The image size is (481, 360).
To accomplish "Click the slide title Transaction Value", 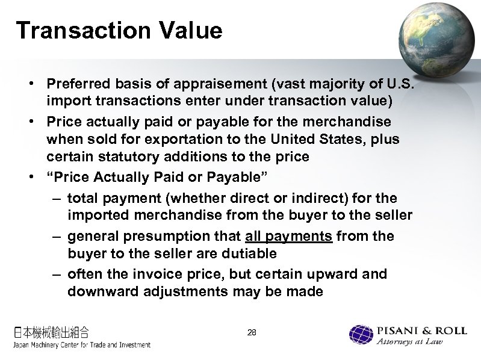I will pyautogui.click(x=119, y=30).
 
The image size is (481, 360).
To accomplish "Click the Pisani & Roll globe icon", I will pyautogui.click(x=361, y=335).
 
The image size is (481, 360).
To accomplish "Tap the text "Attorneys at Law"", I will pyautogui.click(x=418, y=343).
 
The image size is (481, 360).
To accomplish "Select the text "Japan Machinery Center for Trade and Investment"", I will pyautogui.click(x=82, y=345).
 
